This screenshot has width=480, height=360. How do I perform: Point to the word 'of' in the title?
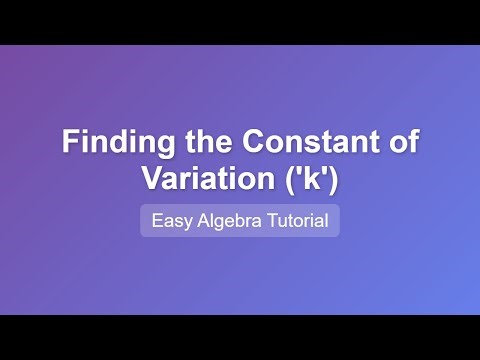point(400,141)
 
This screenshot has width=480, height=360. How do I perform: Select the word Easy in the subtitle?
point(169,221)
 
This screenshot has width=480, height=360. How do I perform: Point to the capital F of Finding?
point(69,141)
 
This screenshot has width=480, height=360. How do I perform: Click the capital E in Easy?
point(156,221)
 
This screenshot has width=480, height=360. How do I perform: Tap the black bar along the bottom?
point(240,337)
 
